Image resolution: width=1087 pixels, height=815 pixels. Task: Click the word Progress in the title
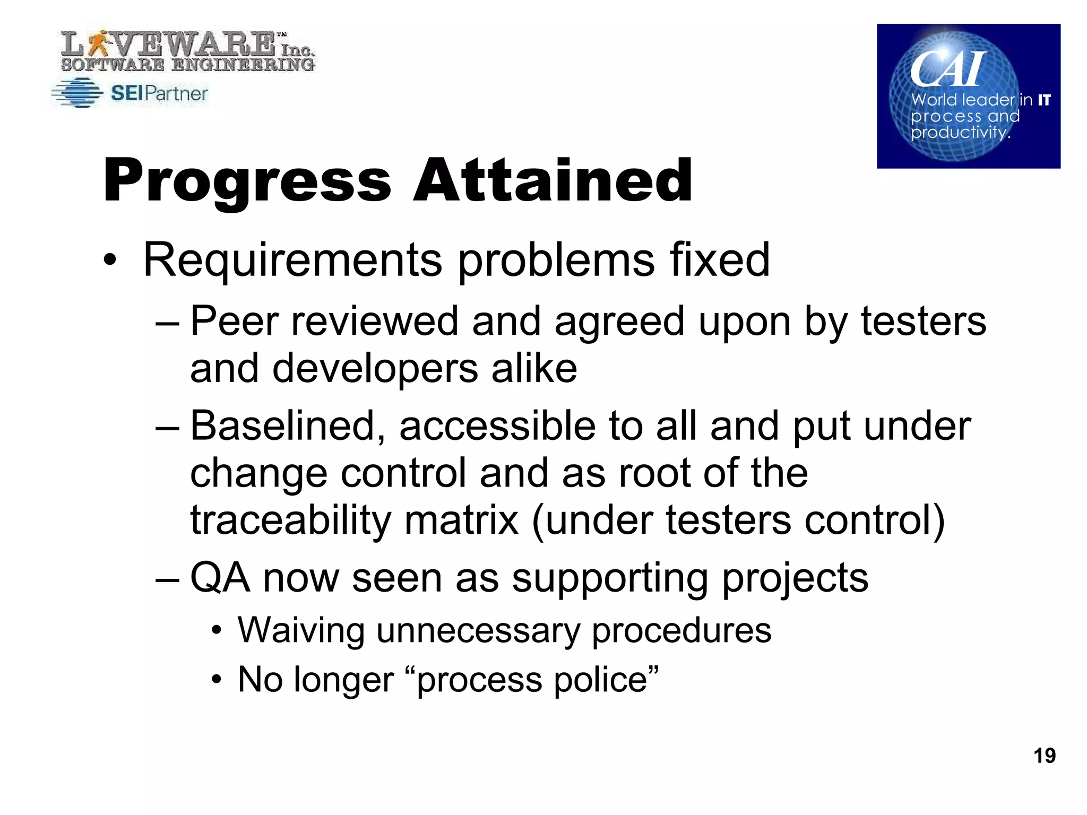click(x=247, y=181)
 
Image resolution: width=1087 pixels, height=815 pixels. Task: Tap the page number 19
click(x=1044, y=756)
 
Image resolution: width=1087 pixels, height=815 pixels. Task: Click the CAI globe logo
click(x=968, y=96)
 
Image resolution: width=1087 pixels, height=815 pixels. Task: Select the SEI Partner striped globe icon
click(x=78, y=93)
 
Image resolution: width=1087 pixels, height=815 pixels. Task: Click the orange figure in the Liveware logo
click(x=98, y=44)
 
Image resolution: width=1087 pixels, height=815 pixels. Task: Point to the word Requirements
click(x=292, y=260)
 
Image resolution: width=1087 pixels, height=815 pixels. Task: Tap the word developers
click(x=375, y=368)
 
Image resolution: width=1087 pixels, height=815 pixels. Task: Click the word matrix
click(x=461, y=520)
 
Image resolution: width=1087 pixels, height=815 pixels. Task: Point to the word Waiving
click(x=300, y=630)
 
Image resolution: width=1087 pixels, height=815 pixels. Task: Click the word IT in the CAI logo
click(x=1044, y=100)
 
